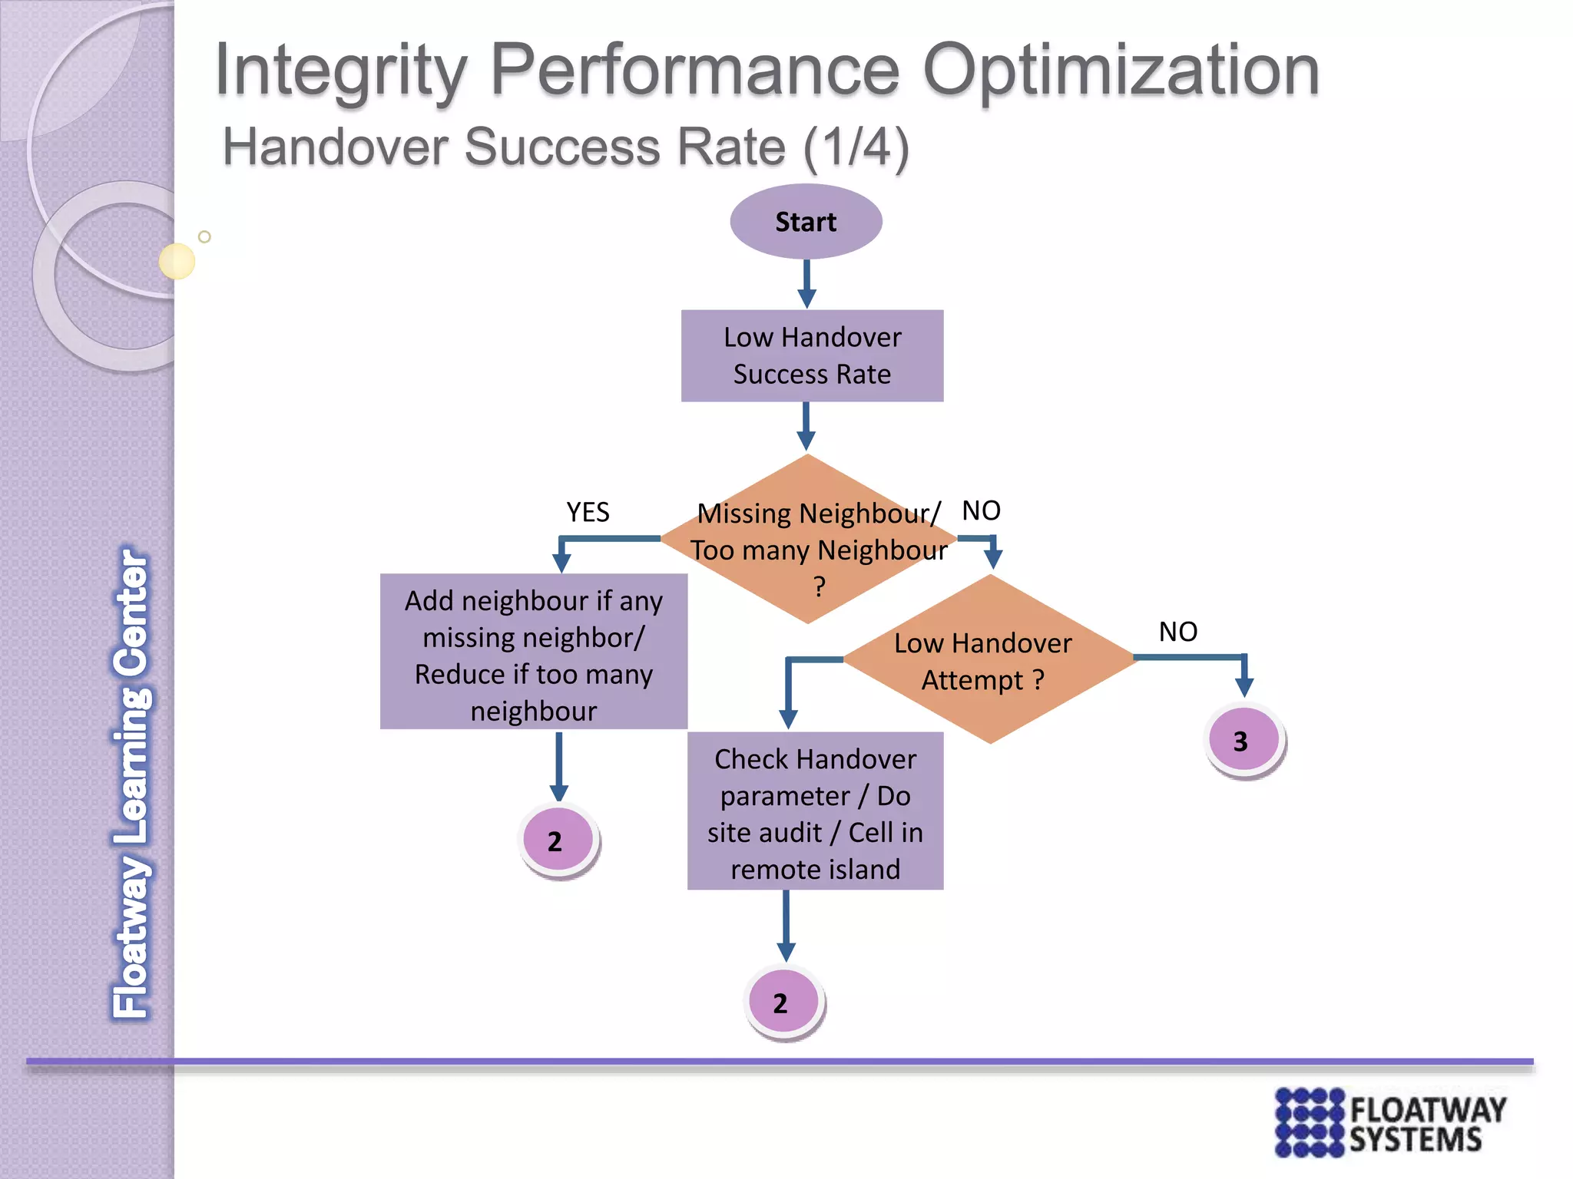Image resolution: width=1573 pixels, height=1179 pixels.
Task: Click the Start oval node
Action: (x=806, y=222)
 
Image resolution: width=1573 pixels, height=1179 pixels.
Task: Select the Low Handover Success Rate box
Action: (x=812, y=355)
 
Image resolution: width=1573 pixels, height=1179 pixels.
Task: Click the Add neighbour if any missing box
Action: (x=533, y=652)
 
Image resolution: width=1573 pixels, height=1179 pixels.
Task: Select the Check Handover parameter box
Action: (x=815, y=811)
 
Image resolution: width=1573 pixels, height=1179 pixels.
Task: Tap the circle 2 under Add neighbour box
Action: (x=558, y=840)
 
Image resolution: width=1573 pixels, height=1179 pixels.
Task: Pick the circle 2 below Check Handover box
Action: (x=783, y=1002)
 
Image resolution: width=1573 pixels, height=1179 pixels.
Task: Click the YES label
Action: (x=588, y=512)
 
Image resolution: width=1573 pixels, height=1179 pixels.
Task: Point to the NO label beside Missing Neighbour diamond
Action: (x=981, y=510)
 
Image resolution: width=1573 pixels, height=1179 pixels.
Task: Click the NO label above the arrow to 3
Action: (x=1177, y=632)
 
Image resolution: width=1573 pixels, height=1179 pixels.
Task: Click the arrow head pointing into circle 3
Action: (x=1244, y=686)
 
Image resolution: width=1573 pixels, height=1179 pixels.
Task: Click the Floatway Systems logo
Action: (x=1389, y=1121)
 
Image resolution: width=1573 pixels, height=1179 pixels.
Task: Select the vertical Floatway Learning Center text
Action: (x=131, y=783)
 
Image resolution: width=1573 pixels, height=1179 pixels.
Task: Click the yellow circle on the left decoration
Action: (x=177, y=261)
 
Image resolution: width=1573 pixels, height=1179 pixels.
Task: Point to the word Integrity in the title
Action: (x=340, y=71)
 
